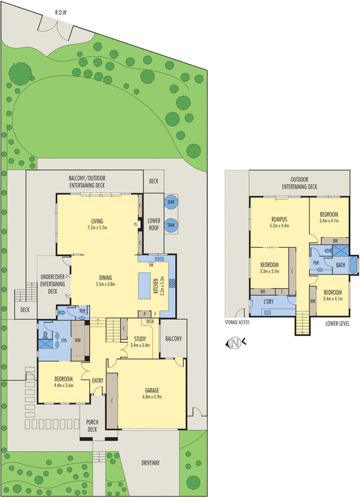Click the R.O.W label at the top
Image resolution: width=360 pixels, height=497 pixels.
60,12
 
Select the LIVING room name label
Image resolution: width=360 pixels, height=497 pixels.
97,221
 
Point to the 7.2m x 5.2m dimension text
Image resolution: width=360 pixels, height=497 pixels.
97,228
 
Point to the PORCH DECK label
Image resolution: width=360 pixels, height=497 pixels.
92,426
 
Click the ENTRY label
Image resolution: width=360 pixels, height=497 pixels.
98,381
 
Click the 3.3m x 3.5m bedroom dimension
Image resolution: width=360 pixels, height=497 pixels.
269,271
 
